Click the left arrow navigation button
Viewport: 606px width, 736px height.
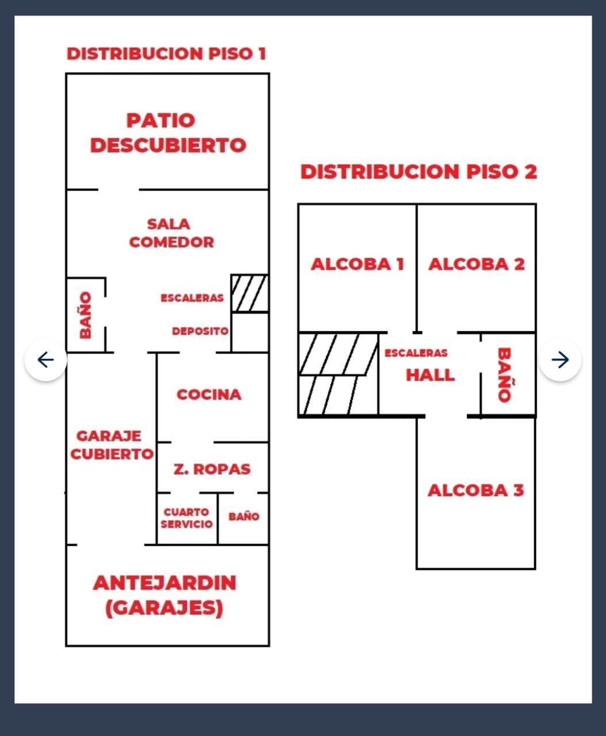[45, 360]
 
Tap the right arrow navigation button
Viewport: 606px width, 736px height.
[560, 360]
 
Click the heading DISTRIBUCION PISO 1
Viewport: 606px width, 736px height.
[166, 53]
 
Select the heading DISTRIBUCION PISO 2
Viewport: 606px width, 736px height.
[419, 171]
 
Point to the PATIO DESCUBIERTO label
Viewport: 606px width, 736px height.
[167, 133]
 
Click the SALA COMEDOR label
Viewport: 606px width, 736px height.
[170, 233]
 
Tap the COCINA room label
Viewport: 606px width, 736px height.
[209, 394]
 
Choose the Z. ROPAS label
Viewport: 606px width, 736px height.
[212, 469]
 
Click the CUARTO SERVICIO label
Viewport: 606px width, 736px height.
[186, 518]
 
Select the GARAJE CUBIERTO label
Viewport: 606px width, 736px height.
[111, 445]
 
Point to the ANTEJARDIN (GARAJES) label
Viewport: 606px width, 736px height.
[164, 595]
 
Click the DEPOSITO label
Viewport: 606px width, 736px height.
[200, 331]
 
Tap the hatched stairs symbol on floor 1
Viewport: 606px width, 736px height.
[250, 293]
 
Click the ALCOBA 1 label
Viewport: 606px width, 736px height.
[357, 264]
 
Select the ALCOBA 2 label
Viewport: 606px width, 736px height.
[477, 264]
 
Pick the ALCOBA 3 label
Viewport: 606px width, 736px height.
[476, 490]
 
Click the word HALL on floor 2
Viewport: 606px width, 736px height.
[430, 375]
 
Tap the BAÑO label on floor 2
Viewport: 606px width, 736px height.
[504, 375]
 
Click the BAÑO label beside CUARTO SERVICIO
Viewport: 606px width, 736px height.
[244, 516]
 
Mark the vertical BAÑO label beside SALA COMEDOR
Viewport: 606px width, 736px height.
[86, 315]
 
